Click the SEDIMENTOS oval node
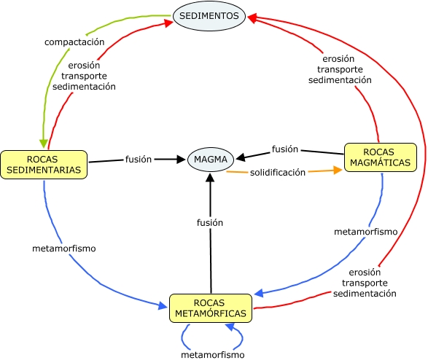(x=209, y=16)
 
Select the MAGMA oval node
(x=211, y=160)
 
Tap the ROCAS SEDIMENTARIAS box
(x=44, y=165)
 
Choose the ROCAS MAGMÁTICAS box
(x=380, y=157)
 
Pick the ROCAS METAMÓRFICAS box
(x=211, y=308)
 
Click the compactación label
(x=74, y=42)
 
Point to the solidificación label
(x=278, y=173)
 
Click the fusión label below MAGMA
(x=210, y=222)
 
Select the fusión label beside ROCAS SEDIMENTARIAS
(x=139, y=159)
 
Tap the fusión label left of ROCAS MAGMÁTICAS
(x=285, y=149)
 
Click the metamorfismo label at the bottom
(x=213, y=355)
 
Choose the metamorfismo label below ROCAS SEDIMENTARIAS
(x=64, y=249)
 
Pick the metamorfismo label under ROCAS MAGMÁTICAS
(x=366, y=232)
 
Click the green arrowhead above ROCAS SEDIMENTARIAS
(x=44, y=144)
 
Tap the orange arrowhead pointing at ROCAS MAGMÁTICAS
(x=338, y=171)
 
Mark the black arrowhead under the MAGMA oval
(x=210, y=178)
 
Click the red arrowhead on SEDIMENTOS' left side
(x=168, y=23)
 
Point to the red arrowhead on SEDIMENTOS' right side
(x=252, y=18)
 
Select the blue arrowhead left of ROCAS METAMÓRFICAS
(x=163, y=306)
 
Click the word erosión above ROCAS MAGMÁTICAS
(x=338, y=58)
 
